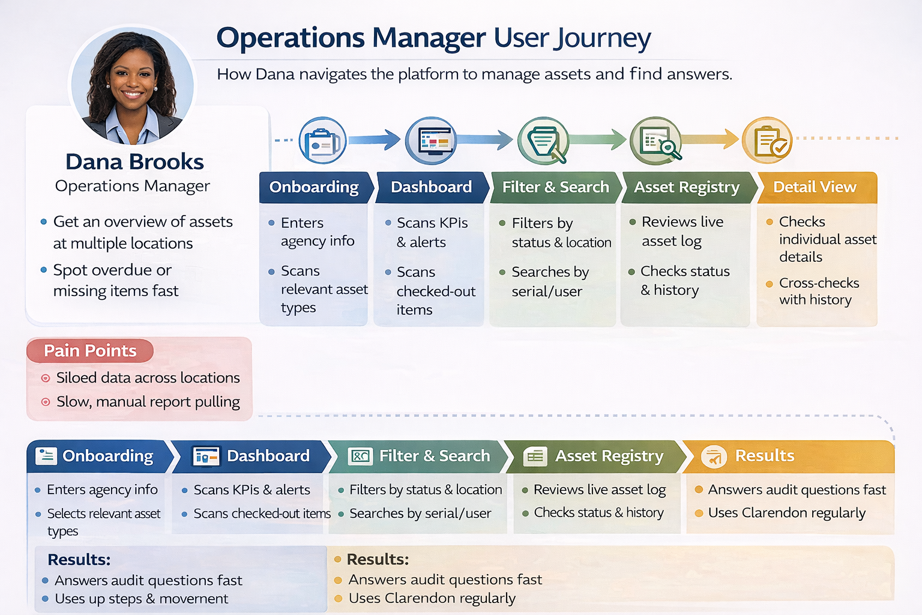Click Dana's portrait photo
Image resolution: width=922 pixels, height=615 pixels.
pos(133,85)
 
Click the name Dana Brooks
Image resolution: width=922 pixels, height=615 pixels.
pos(134,162)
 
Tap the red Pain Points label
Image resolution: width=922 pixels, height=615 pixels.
pos(90,351)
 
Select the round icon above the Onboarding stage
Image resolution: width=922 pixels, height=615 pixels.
pos(322,141)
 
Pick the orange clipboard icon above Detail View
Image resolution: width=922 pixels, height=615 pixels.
pos(767,141)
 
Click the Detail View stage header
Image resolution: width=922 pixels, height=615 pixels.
pos(815,187)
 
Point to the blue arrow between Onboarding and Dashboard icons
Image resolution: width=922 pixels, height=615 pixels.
pos(374,140)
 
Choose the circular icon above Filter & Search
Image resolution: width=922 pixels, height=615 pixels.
pos(543,141)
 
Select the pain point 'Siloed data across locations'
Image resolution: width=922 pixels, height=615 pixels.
pos(148,378)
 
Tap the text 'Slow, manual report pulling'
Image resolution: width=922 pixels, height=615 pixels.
pos(148,402)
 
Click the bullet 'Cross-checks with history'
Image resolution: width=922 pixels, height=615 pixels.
pos(818,291)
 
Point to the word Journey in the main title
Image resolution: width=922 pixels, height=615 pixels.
pos(602,38)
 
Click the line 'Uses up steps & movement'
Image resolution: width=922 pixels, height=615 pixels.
pos(141,599)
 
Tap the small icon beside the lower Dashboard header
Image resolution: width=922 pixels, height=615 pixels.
pos(205,456)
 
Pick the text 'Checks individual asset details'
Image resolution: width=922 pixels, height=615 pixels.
pos(827,239)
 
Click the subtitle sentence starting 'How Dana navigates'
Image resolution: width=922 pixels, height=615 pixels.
pos(474,74)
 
